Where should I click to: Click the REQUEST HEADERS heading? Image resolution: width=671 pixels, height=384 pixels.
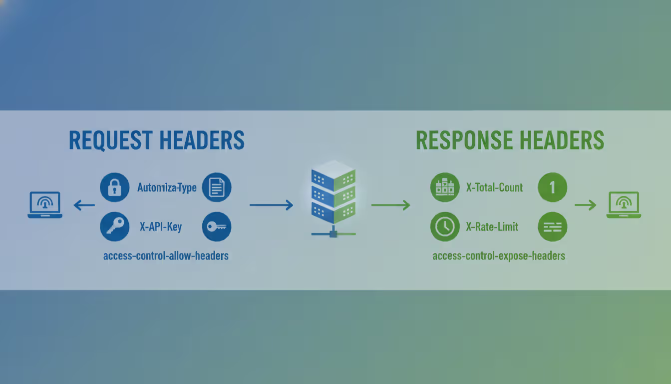point(156,140)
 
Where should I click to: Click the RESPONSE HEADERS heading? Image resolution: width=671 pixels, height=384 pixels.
point(510,140)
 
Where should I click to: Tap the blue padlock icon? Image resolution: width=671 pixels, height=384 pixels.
point(115,188)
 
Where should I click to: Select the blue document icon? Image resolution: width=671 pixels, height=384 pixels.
point(216,188)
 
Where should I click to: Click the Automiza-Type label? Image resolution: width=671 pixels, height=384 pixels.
point(167,188)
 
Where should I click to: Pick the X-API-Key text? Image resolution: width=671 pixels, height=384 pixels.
point(161,227)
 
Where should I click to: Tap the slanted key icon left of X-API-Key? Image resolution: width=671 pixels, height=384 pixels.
point(115,226)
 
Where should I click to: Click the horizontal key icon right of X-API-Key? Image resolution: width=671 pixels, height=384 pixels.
point(216,226)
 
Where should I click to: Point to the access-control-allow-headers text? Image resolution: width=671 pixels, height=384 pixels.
point(166,256)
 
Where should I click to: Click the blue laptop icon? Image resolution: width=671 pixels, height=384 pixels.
point(45,205)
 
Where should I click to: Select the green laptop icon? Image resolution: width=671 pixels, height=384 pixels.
point(624,205)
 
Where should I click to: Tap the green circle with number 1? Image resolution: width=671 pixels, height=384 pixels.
point(552,188)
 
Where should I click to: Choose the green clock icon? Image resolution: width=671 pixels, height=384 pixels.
point(444,226)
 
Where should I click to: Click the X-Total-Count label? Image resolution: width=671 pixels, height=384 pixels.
point(494,188)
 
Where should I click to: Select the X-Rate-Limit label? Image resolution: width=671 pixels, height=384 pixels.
point(492,227)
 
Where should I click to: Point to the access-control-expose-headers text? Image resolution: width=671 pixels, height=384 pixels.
point(499,256)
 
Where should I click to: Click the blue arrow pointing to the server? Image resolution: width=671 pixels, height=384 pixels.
point(271,205)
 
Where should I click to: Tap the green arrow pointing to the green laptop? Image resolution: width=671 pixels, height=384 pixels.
point(585,205)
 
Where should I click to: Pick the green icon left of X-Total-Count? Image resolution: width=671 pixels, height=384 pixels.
point(444,188)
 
